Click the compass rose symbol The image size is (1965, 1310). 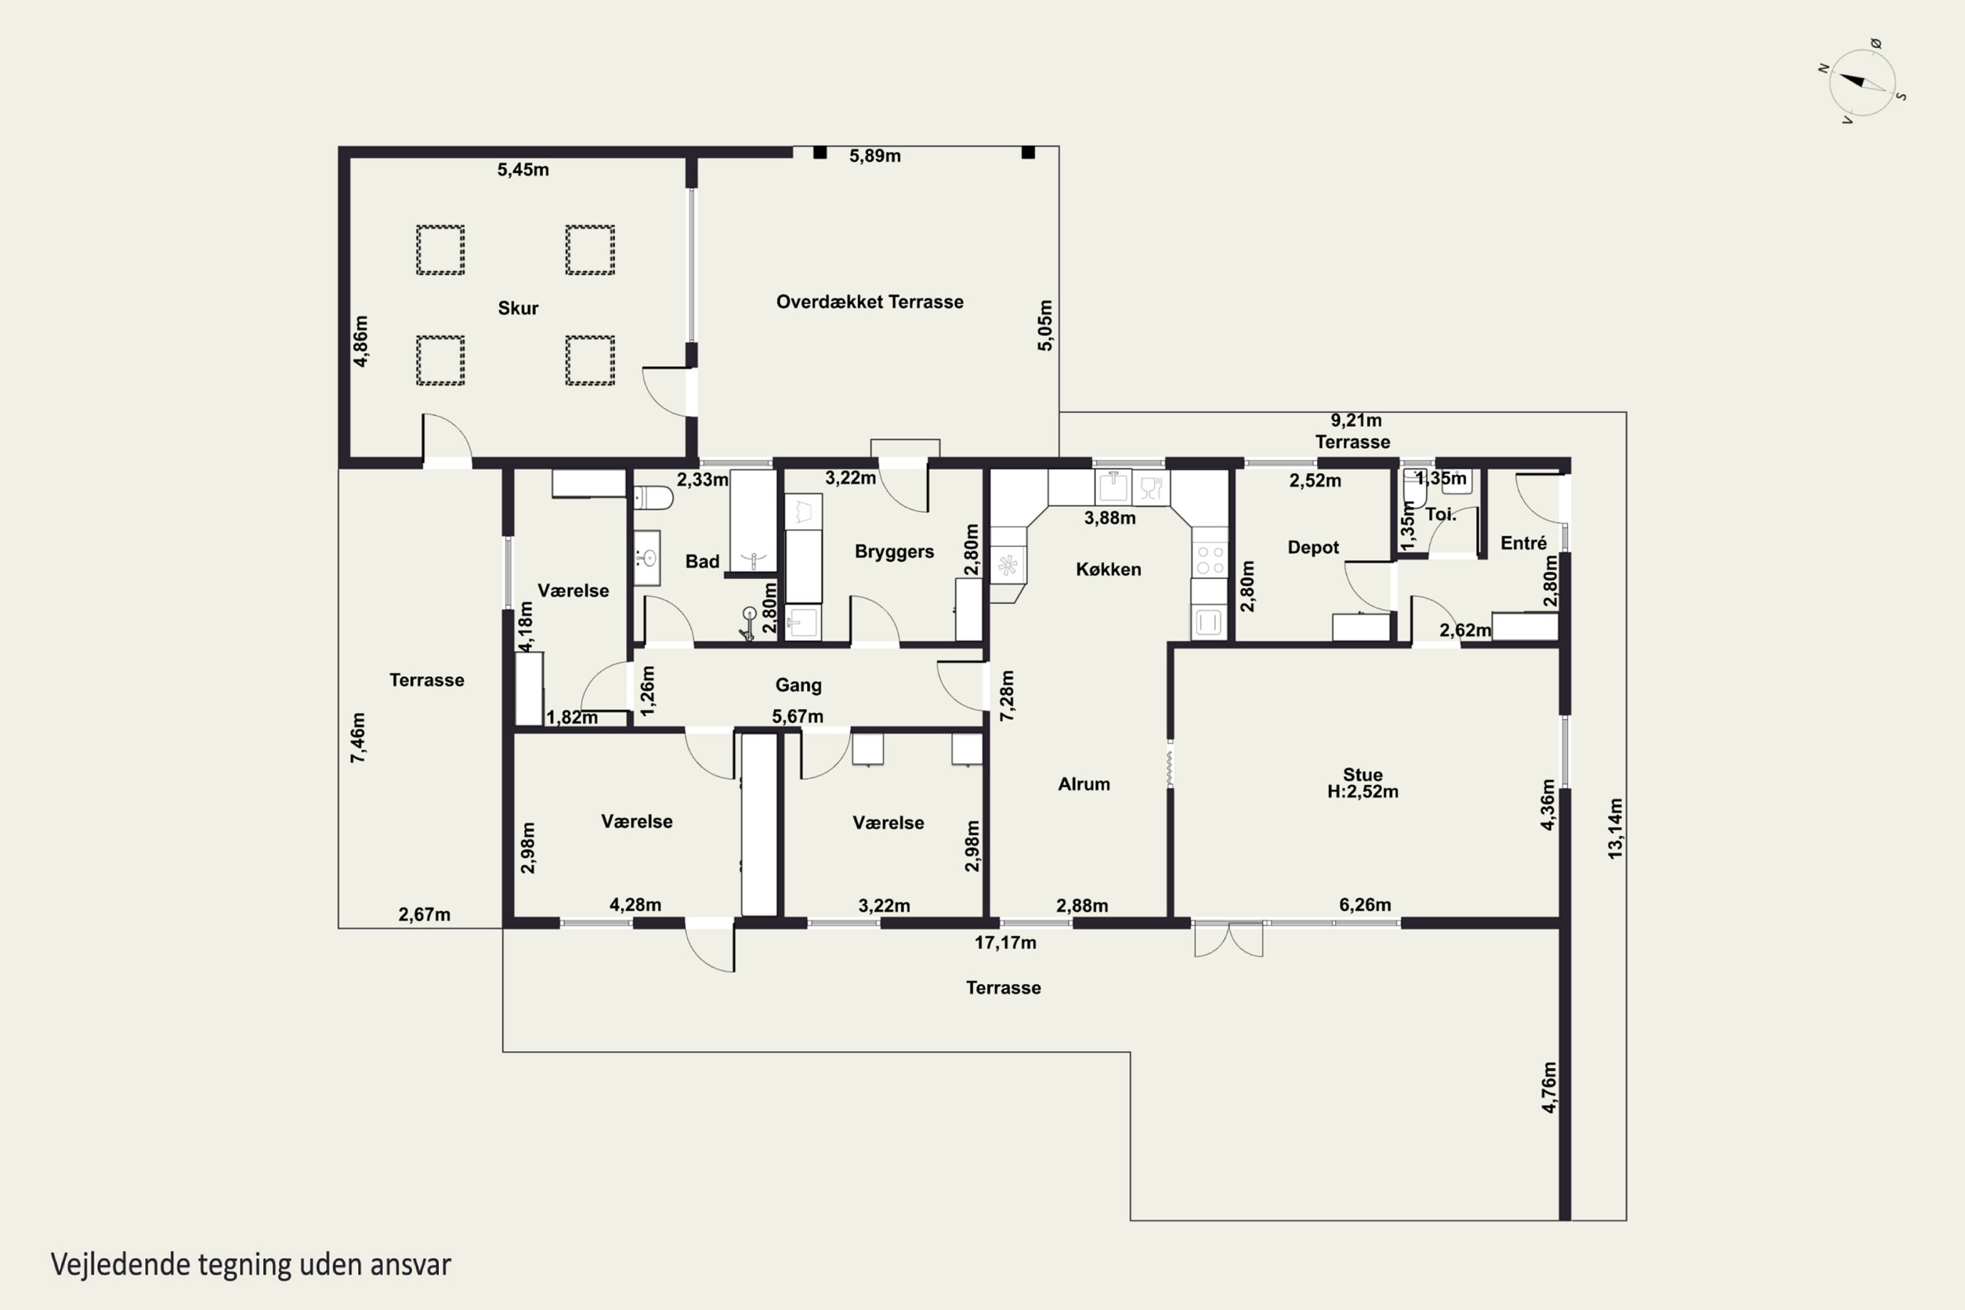click(x=1862, y=83)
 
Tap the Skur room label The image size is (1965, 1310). click(x=518, y=309)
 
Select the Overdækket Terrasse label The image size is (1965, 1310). click(x=870, y=301)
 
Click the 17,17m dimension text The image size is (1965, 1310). click(x=1005, y=943)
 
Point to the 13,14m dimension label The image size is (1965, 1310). click(x=1615, y=828)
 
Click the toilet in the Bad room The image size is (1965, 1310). click(x=652, y=498)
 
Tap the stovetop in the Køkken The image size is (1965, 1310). click(x=1210, y=561)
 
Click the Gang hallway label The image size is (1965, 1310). click(x=798, y=685)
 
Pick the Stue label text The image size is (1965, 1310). click(x=1362, y=774)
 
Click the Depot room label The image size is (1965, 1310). click(x=1313, y=547)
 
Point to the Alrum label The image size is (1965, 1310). click(x=1083, y=783)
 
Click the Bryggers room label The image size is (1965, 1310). click(x=894, y=552)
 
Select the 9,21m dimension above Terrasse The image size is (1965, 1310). click(x=1356, y=421)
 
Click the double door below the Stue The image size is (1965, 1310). click(x=1228, y=939)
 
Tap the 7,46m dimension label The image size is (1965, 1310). click(x=358, y=737)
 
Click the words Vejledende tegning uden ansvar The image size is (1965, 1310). click(x=251, y=1265)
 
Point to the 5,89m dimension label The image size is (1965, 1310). click(x=874, y=157)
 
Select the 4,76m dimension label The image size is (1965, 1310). click(x=1549, y=1087)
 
